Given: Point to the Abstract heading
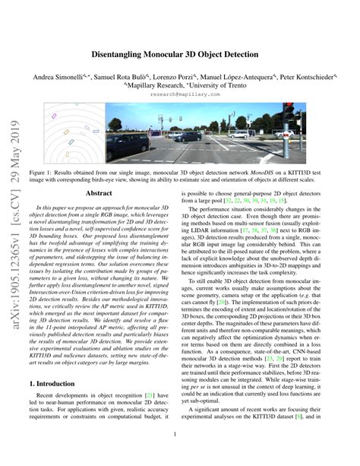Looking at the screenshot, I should (103, 193).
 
